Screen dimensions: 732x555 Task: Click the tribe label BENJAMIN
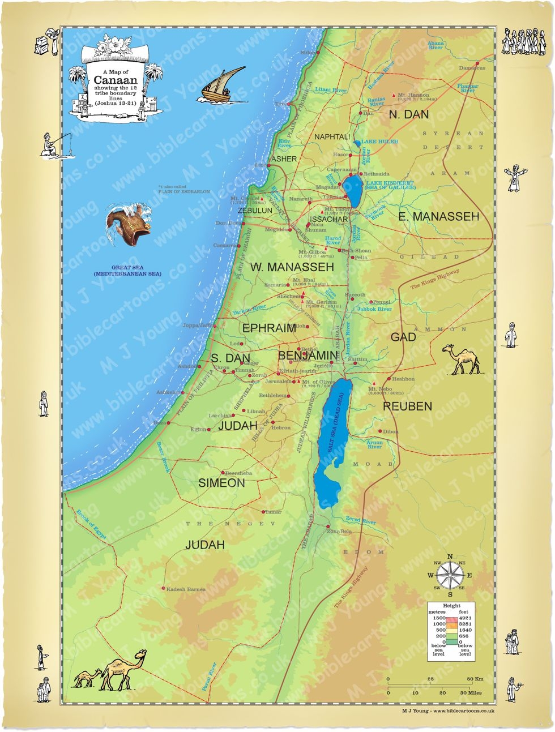(x=308, y=356)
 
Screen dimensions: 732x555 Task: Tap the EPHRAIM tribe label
(x=269, y=328)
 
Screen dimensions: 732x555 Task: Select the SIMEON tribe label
(x=221, y=483)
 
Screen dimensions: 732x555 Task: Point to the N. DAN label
(x=408, y=114)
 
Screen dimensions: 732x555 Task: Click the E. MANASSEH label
(x=438, y=216)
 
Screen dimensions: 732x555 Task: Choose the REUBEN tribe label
(x=407, y=406)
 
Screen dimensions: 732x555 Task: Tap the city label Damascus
(x=472, y=68)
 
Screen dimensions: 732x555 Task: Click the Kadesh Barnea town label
(x=186, y=589)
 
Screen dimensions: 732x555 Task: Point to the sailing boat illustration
(x=221, y=85)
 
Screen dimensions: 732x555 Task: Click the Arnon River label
(x=374, y=445)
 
